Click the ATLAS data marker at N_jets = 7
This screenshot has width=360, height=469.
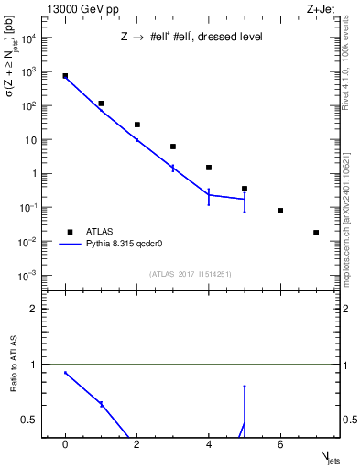(316, 233)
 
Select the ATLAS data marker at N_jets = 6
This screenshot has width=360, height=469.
(280, 211)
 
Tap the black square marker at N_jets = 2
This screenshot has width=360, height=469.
(137, 125)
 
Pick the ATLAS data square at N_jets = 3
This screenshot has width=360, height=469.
(173, 147)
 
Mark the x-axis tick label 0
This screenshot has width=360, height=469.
(65, 444)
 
